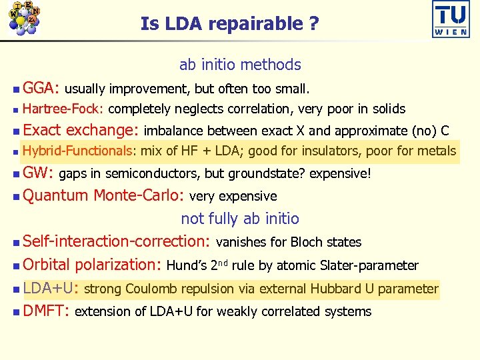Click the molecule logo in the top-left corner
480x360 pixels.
click(x=24, y=19)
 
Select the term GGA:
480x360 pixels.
click(x=41, y=87)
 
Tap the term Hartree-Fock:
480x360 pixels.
click(x=63, y=109)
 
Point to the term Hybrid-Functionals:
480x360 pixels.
click(x=79, y=151)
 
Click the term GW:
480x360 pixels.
click(x=38, y=174)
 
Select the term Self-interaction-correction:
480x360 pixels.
click(x=117, y=241)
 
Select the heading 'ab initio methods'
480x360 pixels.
click(x=240, y=65)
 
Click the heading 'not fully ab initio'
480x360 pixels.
click(x=240, y=219)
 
